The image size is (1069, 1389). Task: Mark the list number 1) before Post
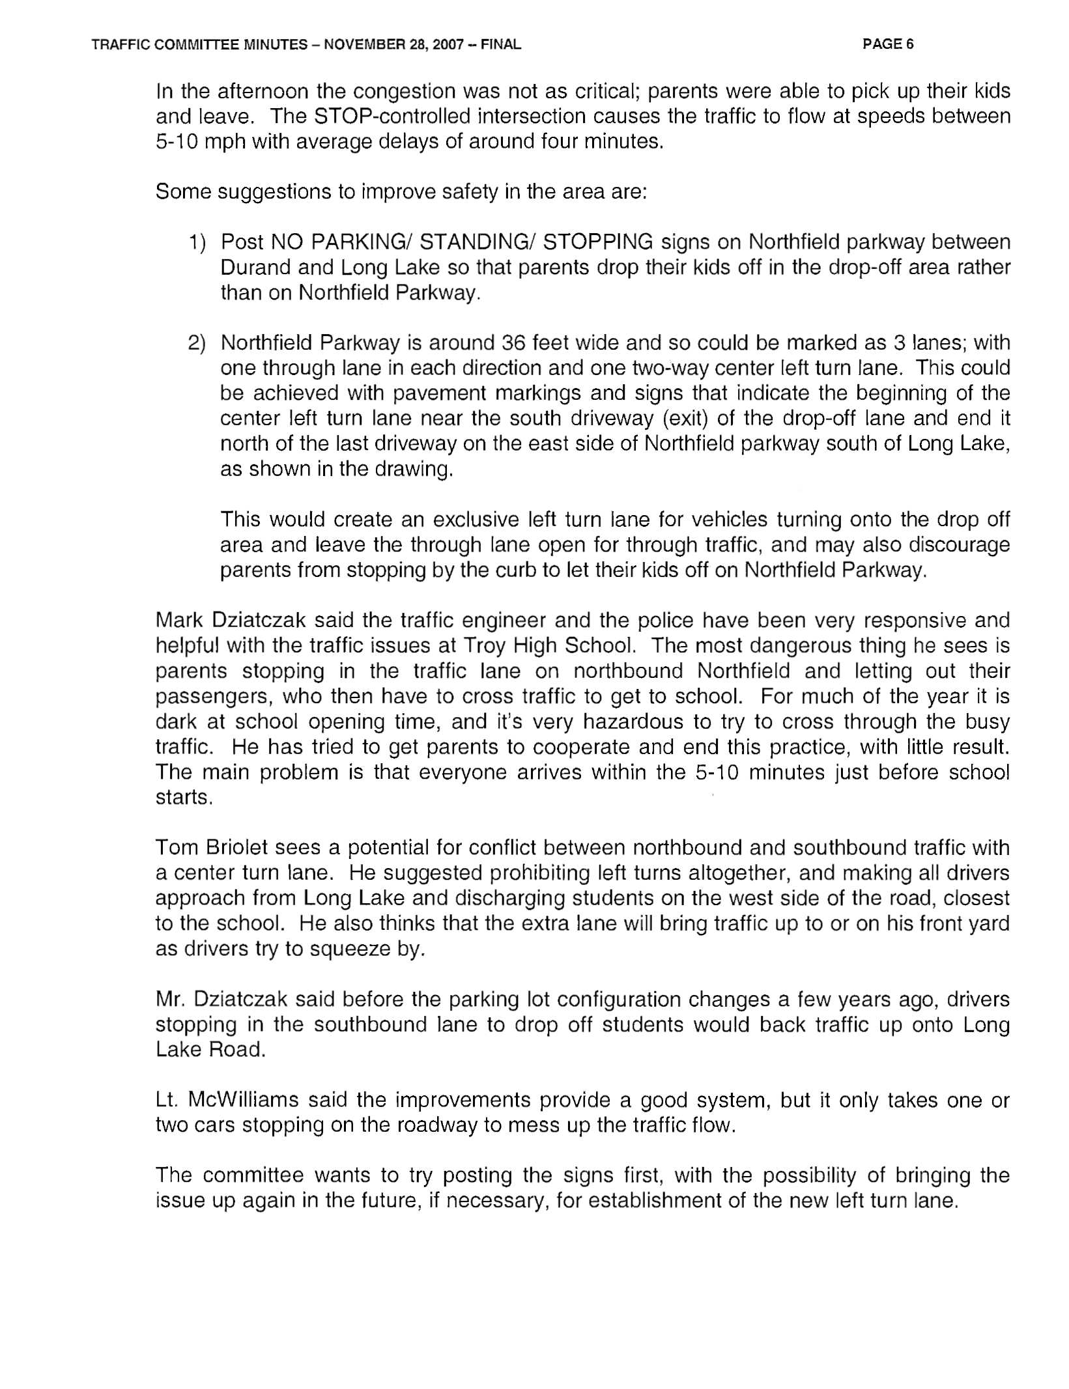197,242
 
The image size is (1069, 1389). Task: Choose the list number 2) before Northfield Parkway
197,343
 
